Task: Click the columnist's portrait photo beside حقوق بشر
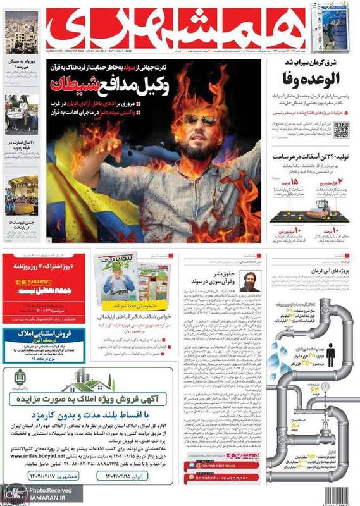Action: [248, 281]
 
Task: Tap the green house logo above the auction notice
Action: [89, 378]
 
